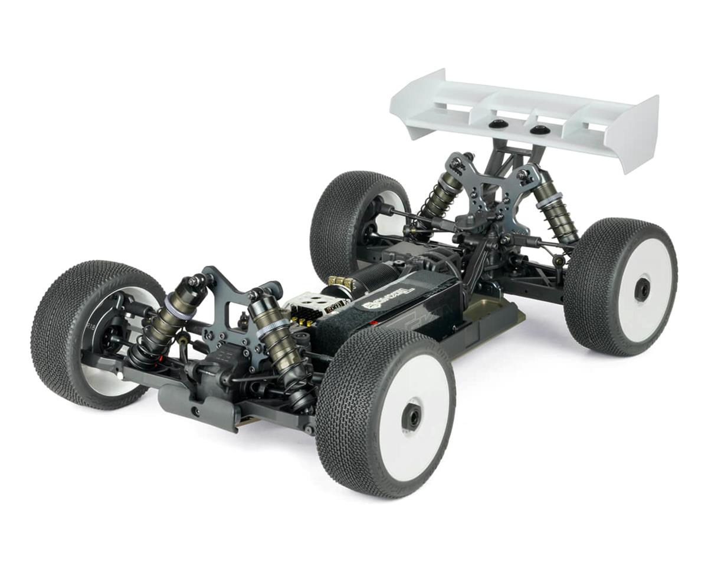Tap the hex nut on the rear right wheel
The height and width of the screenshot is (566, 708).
click(x=641, y=289)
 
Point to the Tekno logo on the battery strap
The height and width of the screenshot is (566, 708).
click(x=389, y=298)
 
